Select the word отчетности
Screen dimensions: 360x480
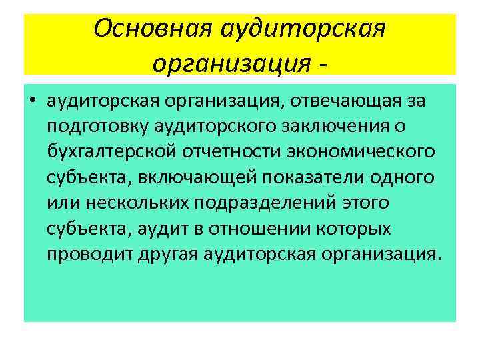coord(231,151)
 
